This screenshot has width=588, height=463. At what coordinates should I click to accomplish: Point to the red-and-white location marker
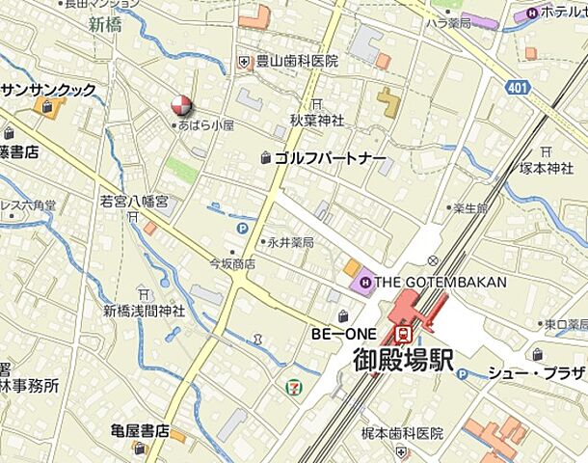180,105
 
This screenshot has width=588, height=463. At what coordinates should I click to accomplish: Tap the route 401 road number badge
519,88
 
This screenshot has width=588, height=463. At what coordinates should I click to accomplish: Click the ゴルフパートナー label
331,157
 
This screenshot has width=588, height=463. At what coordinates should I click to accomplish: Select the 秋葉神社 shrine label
317,121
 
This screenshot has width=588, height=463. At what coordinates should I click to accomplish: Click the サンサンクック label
49,90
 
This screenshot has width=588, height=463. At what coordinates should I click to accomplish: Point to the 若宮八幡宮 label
134,202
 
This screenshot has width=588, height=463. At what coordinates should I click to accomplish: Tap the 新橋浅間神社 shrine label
144,311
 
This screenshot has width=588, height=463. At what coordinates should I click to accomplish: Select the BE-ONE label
336,334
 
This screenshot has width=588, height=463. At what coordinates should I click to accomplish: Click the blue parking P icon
242,229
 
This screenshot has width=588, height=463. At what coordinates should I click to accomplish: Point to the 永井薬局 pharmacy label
290,242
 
